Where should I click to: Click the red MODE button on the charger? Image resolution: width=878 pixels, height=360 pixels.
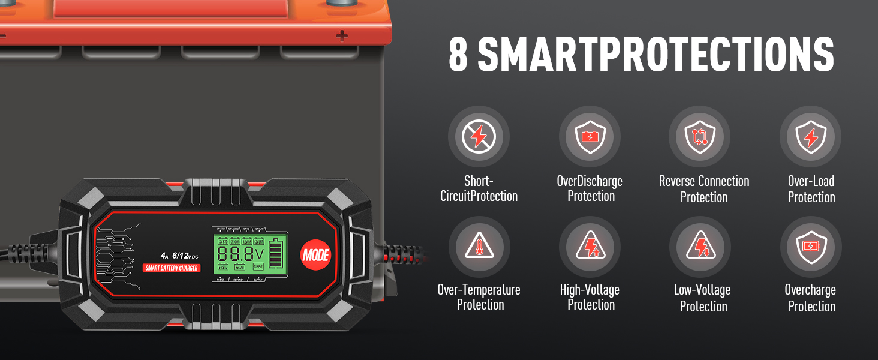tap(315, 254)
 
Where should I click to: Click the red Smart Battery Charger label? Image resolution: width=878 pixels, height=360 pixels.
tap(172, 268)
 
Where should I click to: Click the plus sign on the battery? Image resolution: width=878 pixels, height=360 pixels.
tap(342, 36)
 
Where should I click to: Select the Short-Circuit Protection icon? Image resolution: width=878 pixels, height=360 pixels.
tap(479, 137)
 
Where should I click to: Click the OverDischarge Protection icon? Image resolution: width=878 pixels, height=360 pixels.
tap(590, 137)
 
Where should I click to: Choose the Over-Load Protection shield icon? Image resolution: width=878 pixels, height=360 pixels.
tap(810, 137)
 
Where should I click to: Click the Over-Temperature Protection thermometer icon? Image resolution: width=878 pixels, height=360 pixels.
tap(479, 247)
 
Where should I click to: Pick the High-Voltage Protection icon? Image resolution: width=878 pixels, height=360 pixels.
tap(590, 247)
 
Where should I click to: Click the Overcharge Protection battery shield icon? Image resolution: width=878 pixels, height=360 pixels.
tap(810, 247)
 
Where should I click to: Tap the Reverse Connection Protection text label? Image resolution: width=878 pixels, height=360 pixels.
tap(703, 189)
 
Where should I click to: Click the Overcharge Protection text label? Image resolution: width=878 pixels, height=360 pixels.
tap(811, 298)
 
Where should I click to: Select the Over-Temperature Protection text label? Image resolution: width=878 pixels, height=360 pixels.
tap(479, 298)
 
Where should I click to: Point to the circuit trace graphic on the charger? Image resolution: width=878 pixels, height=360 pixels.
tap(118, 256)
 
